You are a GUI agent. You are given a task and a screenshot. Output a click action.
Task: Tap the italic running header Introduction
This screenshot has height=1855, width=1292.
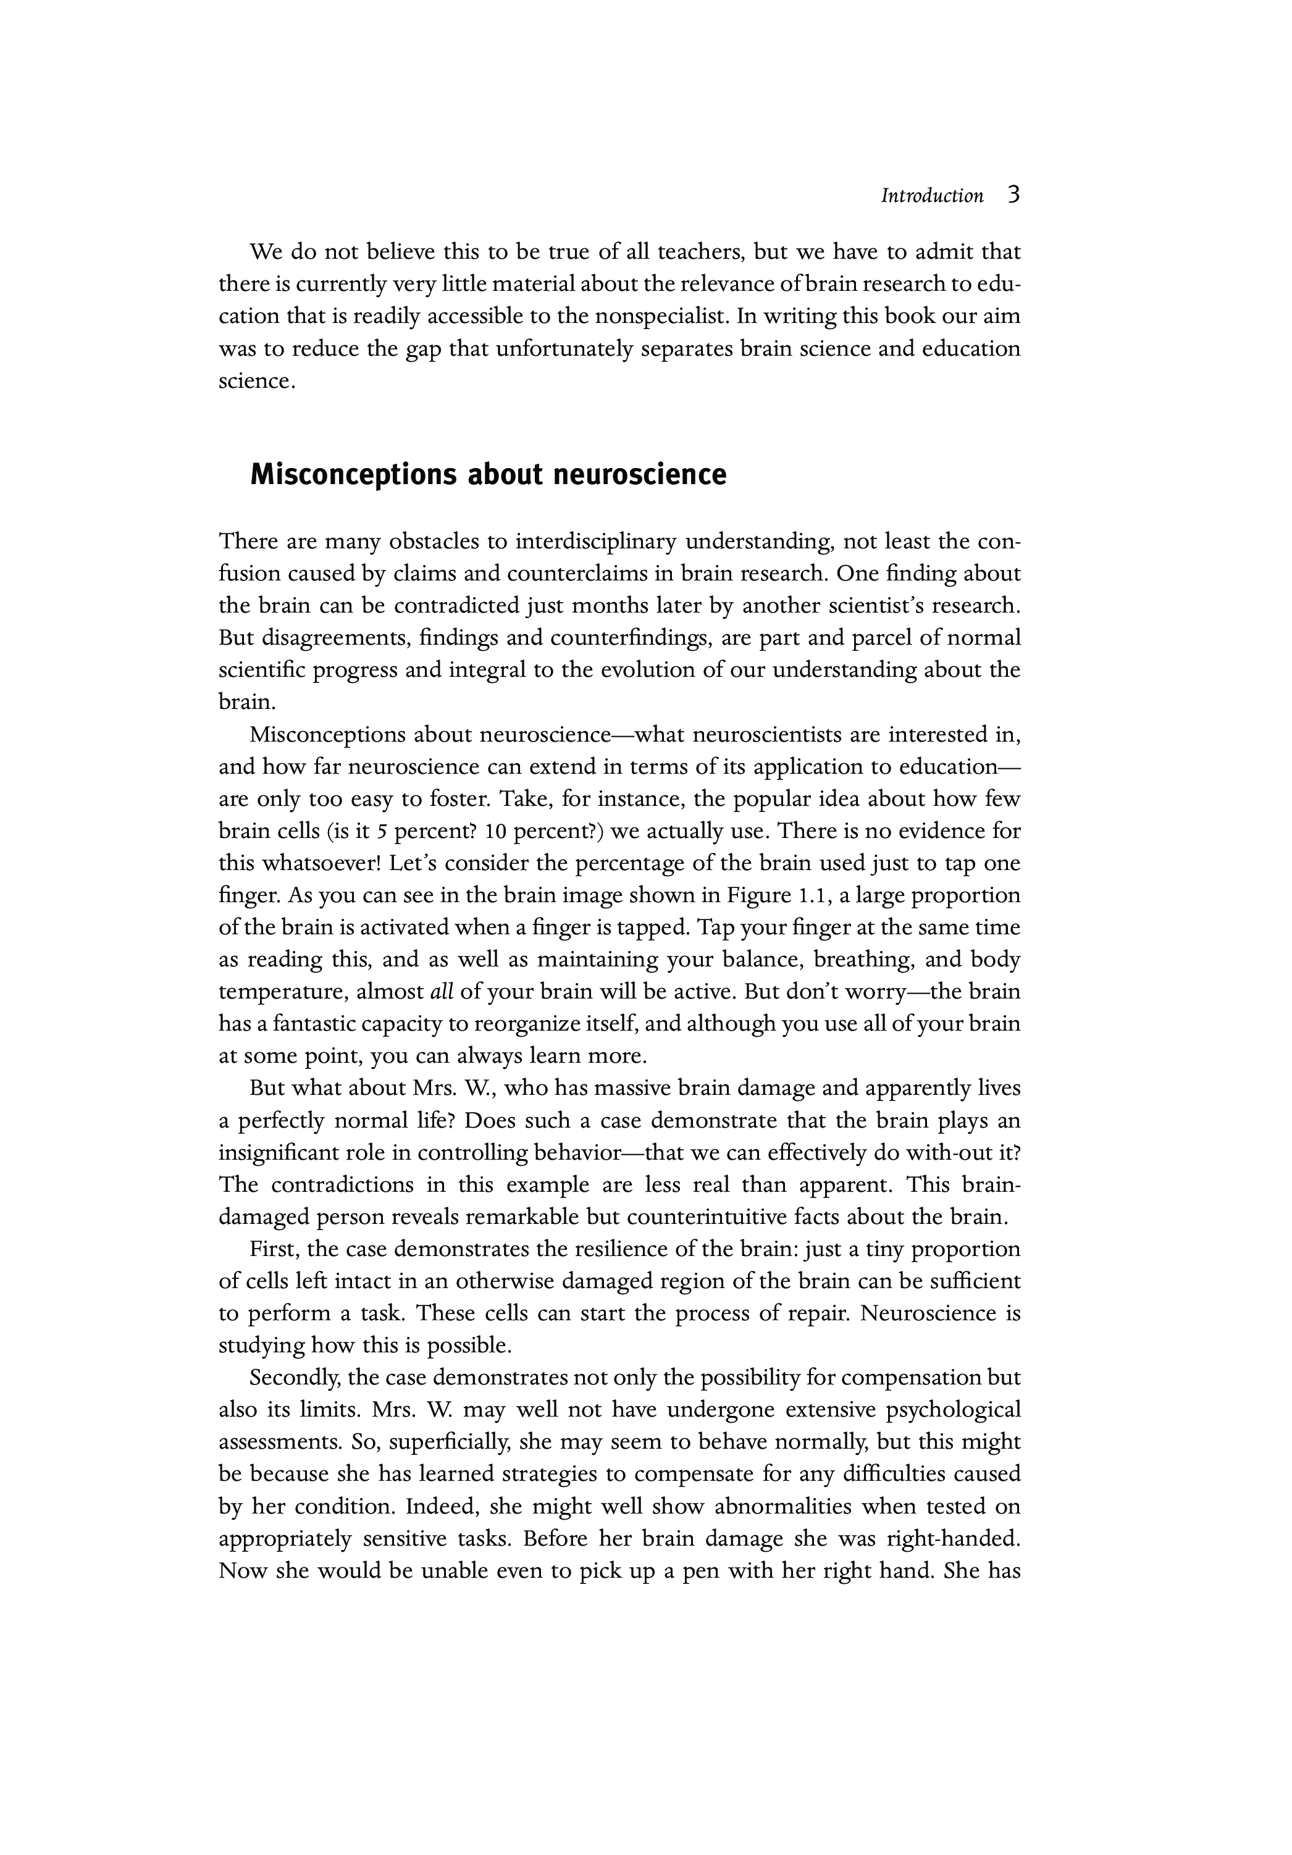[931, 196]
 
